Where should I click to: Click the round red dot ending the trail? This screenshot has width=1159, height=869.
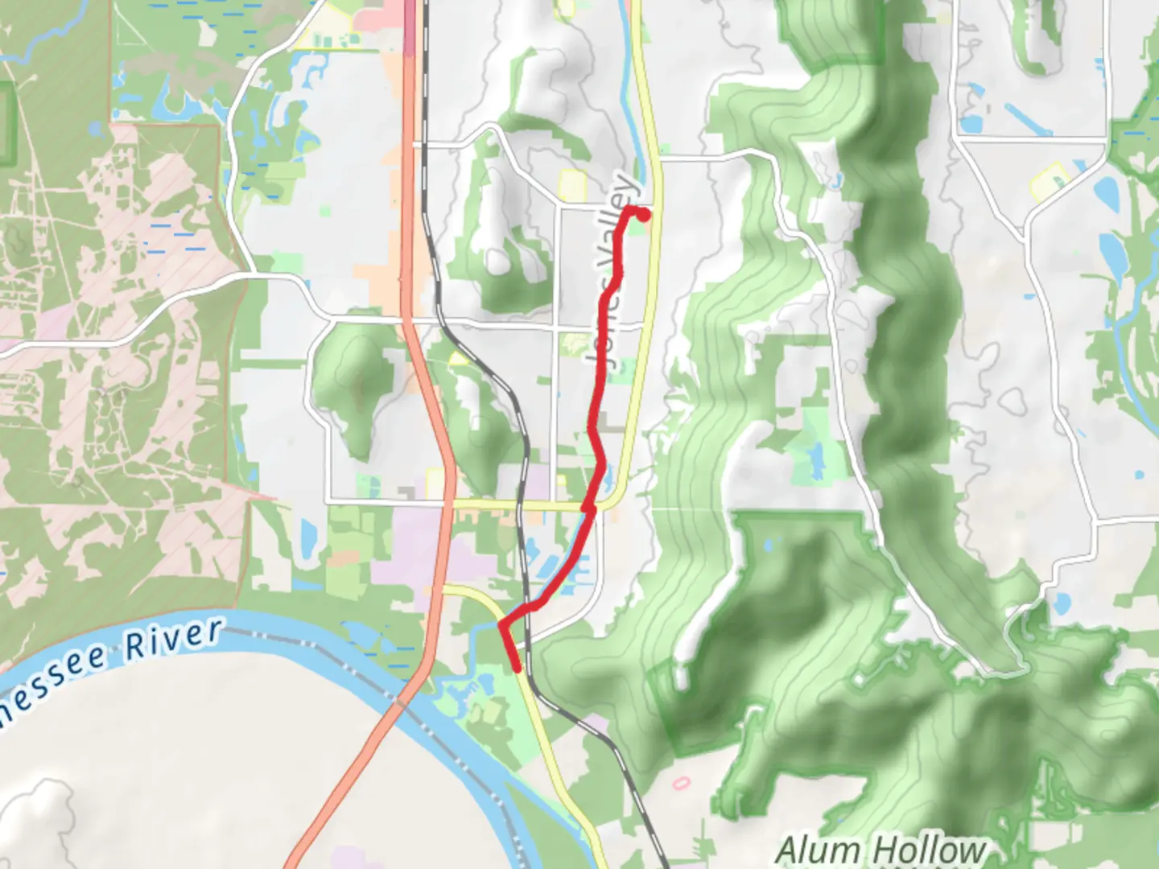coord(643,214)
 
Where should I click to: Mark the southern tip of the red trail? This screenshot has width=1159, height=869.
coord(517,667)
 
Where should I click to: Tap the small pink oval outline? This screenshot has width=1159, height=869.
coord(681,781)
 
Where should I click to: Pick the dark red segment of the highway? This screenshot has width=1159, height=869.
coord(410,28)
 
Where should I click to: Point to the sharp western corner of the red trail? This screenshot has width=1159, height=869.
coord(501,624)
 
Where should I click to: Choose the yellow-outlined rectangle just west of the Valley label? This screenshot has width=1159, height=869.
coord(572,184)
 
